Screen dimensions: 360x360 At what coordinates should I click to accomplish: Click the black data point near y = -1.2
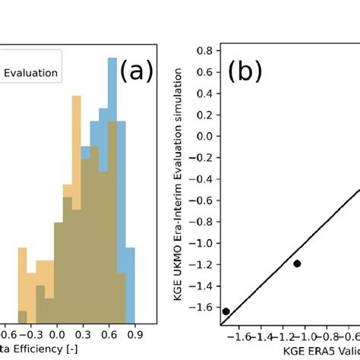click(297, 264)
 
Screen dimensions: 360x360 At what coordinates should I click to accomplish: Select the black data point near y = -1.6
click(226, 311)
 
